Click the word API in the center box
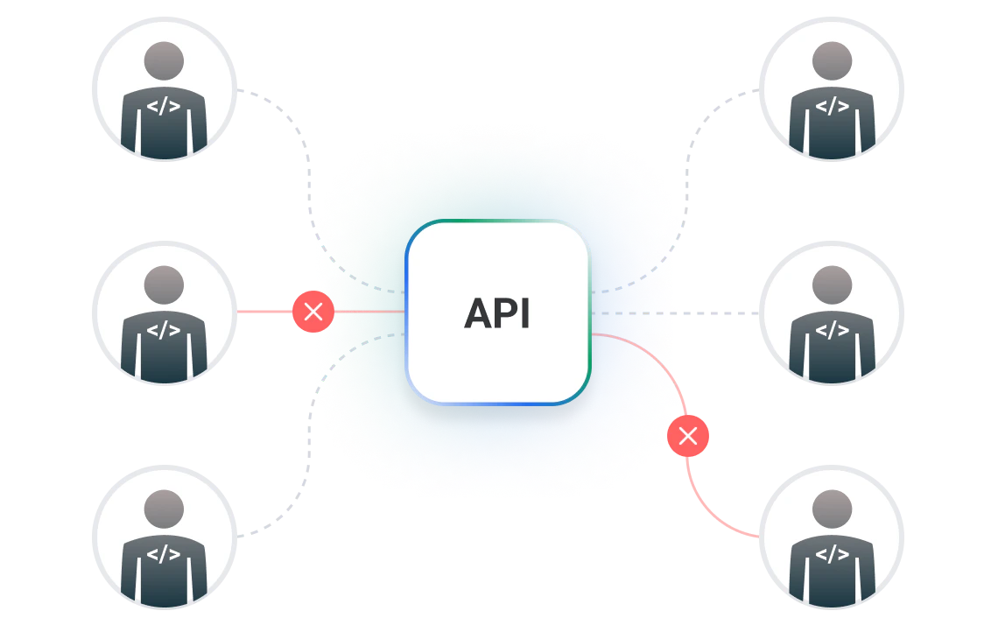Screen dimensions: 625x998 coord(497,313)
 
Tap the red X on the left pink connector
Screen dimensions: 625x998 coord(313,312)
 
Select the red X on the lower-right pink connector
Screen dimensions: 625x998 coord(688,436)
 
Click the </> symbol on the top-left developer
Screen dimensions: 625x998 coord(164,108)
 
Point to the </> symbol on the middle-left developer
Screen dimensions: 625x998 coord(164,330)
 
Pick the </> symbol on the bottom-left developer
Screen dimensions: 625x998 coord(164,553)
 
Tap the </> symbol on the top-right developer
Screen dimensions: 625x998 coord(832,108)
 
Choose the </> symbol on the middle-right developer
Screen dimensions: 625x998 coord(832,330)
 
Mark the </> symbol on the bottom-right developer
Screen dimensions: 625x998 coord(832,553)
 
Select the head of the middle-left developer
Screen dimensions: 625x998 coord(164,284)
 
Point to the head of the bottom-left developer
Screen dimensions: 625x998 coord(164,508)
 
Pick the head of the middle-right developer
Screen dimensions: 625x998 coord(832,284)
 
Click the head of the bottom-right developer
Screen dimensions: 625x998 coord(832,508)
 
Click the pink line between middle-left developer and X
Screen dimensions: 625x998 coord(264,312)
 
